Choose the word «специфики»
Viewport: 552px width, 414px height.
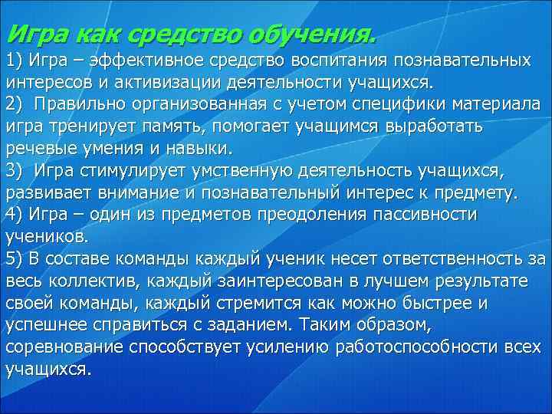point(383,103)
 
